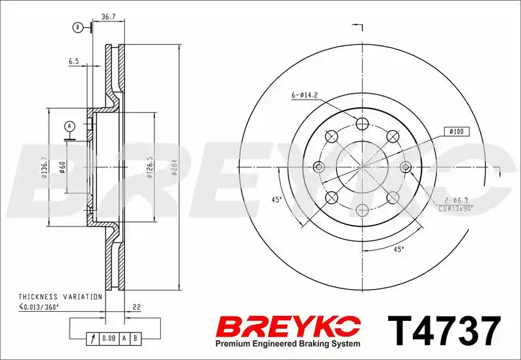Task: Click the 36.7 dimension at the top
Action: [108, 17]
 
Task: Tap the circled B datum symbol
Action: [77, 27]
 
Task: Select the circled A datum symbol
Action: [70, 126]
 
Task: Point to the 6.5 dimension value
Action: [74, 61]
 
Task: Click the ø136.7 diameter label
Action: [44, 167]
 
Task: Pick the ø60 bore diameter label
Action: [62, 167]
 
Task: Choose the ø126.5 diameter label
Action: [150, 167]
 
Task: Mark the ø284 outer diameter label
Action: [175, 167]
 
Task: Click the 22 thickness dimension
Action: [137, 307]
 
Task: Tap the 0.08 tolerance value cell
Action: [109, 338]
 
